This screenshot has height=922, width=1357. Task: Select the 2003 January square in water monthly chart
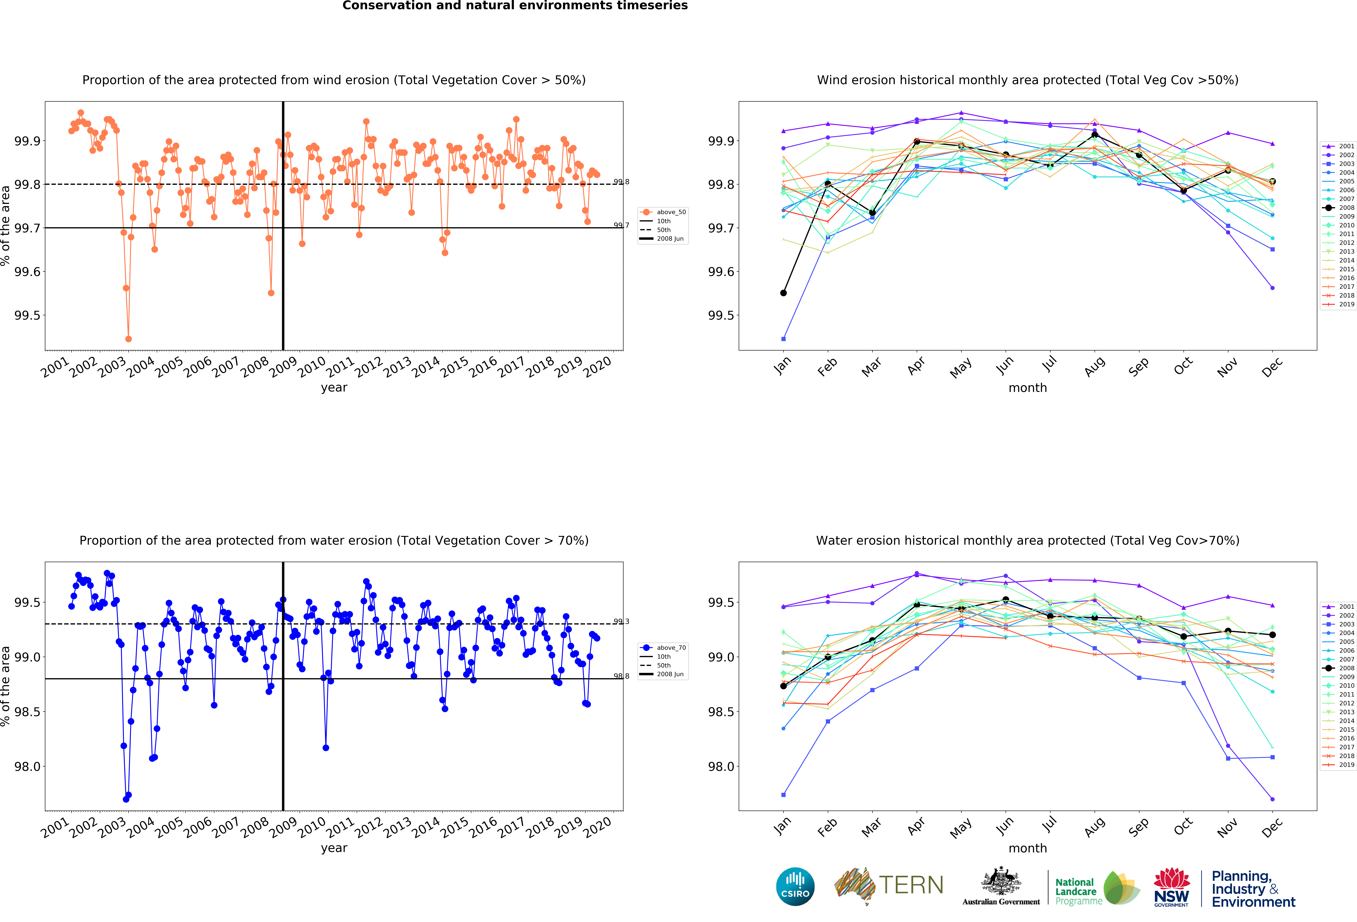pyautogui.click(x=784, y=795)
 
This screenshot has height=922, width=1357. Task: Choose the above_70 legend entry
pyautogui.click(x=663, y=648)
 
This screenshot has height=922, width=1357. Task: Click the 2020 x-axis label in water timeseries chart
pyautogui.click(x=597, y=827)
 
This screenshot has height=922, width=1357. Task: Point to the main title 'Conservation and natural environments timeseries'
pyautogui.click(x=515, y=6)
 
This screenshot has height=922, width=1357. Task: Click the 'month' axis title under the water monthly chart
pyautogui.click(x=1028, y=848)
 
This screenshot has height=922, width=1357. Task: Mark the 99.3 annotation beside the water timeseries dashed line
pyautogui.click(x=621, y=621)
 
